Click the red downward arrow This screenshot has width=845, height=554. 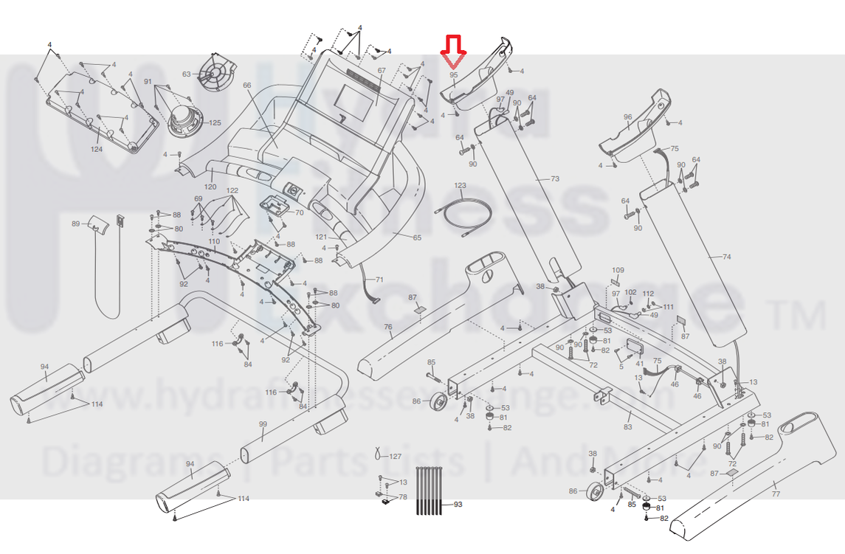coord(453,51)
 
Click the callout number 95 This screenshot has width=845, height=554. coord(454,75)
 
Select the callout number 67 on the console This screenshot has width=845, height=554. coord(382,71)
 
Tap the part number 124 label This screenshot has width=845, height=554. coord(97,150)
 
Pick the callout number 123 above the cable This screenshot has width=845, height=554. coord(460,185)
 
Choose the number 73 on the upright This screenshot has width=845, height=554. coord(555,179)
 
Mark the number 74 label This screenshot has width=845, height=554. coord(726,257)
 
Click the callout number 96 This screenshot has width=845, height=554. coord(628,117)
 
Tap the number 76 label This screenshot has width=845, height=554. coord(387,327)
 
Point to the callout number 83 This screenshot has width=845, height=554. coord(628,427)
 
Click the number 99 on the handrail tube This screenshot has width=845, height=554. coord(263,424)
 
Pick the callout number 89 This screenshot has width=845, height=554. coord(75,223)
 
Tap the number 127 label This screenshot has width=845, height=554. coord(396,456)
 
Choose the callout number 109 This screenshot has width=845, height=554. coord(618,270)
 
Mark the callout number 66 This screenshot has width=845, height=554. coord(247,85)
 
